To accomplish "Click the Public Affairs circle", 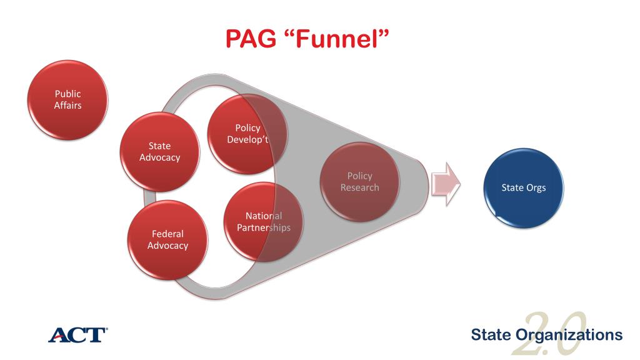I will click(67, 100).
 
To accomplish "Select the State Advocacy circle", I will click(159, 152).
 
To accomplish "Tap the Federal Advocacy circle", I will click(167, 239).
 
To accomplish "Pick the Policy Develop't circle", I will click(247, 133).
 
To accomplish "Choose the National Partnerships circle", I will click(263, 222).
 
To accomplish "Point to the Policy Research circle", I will click(359, 181).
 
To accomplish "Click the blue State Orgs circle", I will click(524, 187).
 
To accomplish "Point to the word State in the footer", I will click(492, 335).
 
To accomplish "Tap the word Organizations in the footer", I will click(569, 335).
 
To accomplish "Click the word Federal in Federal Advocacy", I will click(167, 234).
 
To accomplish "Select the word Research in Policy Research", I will click(359, 187).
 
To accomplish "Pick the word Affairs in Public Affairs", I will click(67, 105).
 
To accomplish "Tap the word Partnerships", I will click(263, 227).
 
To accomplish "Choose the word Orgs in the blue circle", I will click(535, 187).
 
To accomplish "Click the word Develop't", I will click(248, 139).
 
